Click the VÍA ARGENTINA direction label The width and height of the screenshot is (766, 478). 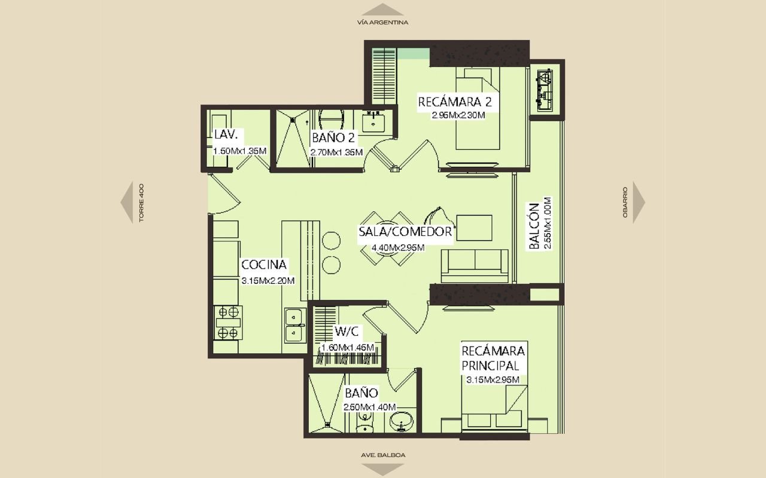tap(382, 23)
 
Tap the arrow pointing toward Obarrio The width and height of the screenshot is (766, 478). tap(639, 203)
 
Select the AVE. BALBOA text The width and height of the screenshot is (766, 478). tap(383, 455)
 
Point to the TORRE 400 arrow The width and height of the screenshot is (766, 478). tap(126, 203)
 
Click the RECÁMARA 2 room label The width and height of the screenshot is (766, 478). tap(455, 102)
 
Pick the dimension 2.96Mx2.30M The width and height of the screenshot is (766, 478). tap(458, 115)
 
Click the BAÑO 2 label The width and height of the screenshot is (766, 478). tap(333, 137)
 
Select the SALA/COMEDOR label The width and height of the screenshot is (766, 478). tap(405, 231)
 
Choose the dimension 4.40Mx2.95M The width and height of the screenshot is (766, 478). tap(398, 247)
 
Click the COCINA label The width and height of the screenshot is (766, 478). tap(264, 265)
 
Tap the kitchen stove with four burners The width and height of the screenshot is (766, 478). tap(228, 323)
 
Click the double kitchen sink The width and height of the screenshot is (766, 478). tap(296, 325)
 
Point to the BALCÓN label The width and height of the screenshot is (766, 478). tap(534, 226)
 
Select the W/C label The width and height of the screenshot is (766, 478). tap(346, 331)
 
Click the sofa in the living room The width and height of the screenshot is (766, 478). tap(475, 266)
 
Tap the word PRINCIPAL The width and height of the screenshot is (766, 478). tap(490, 366)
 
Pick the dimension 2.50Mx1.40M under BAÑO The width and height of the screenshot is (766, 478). tap(370, 407)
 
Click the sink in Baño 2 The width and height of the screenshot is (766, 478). tap(373, 122)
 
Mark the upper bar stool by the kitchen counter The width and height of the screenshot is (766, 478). tap(331, 240)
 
